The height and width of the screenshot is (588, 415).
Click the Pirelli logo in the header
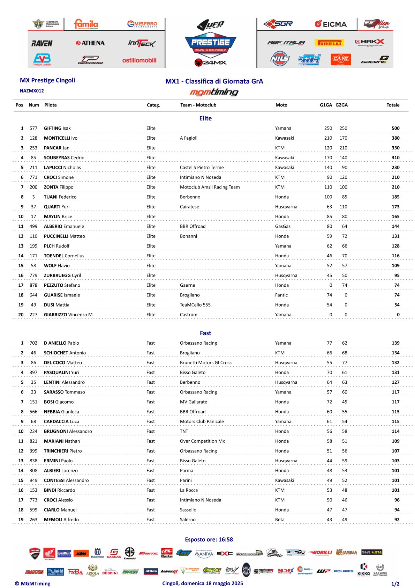point(329,43)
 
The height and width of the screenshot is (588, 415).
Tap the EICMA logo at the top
point(331,24)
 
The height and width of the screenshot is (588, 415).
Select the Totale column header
point(393,105)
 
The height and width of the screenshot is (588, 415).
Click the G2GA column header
point(341,105)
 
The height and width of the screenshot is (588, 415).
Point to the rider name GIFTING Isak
point(57,128)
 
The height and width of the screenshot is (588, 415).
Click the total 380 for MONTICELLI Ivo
point(395,138)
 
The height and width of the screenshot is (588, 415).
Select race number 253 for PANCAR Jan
point(33,148)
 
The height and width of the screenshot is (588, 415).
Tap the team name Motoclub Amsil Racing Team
point(210,187)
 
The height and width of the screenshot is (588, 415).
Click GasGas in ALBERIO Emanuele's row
point(282,226)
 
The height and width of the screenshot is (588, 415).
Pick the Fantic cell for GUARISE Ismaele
point(281,295)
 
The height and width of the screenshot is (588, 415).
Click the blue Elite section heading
point(205,118)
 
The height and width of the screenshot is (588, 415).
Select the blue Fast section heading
point(205,333)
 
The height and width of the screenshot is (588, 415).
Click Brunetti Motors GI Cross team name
point(205,362)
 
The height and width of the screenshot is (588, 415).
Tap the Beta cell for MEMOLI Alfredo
point(280,519)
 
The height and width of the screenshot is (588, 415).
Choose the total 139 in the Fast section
point(395,343)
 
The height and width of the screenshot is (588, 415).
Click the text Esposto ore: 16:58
point(209,539)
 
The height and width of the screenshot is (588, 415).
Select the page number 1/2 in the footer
point(395,583)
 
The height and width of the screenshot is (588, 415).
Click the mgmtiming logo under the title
point(214,92)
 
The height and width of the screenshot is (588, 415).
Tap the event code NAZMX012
point(32,91)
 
